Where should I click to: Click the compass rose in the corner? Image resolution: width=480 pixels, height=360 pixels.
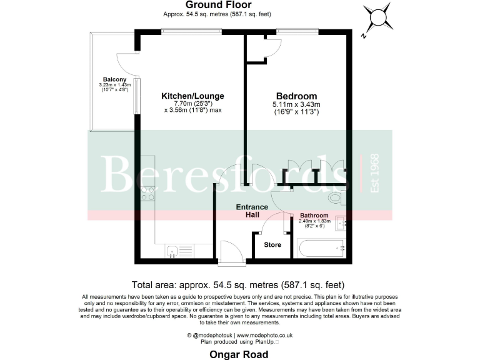(378, 20)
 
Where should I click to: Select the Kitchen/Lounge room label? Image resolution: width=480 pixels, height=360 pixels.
(192, 96)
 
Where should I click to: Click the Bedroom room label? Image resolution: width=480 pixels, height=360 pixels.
(296, 96)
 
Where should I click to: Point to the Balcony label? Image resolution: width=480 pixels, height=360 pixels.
(115, 79)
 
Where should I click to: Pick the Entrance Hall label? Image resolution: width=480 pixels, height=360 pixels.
(251, 211)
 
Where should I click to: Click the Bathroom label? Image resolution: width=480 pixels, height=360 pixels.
(314, 215)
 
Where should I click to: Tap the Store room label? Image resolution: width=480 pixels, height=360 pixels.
(272, 244)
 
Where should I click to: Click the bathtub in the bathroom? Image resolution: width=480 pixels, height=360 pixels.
(322, 249)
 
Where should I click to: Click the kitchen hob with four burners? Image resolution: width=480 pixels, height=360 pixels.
(147, 193)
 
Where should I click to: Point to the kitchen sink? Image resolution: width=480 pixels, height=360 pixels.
(174, 251)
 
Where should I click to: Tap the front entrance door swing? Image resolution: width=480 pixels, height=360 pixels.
(232, 249)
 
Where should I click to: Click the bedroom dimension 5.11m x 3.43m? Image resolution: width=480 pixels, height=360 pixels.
(296, 104)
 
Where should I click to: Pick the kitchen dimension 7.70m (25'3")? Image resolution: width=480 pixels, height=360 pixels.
(192, 104)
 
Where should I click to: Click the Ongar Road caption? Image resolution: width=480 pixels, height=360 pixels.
(239, 354)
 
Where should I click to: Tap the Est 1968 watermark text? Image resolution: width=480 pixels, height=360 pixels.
(375, 173)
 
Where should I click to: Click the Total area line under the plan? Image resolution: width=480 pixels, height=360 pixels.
(239, 284)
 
